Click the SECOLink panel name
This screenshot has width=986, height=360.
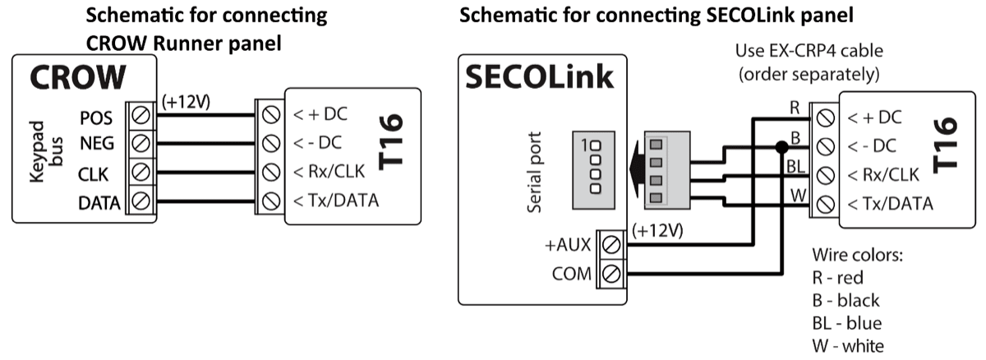click(538, 77)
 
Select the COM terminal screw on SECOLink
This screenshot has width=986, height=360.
click(612, 273)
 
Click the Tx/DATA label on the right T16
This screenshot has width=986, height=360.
click(891, 202)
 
